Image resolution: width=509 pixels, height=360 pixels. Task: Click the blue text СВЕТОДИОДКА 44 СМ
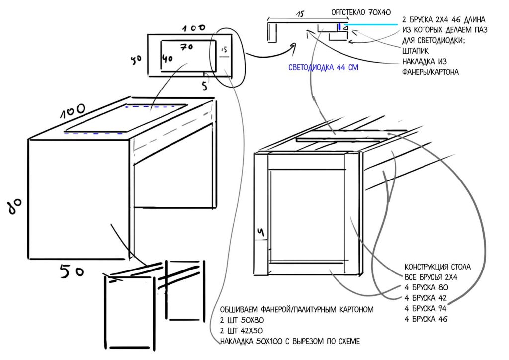pyautogui.click(x=323, y=67)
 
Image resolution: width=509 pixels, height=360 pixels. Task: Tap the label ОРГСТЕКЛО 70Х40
pyautogui.click(x=361, y=12)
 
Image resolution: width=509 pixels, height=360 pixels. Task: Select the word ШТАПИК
pyautogui.click(x=415, y=51)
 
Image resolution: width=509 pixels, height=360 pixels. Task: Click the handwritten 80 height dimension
pyautogui.click(x=15, y=206)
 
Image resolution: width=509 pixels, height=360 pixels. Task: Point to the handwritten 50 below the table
pyautogui.click(x=72, y=270)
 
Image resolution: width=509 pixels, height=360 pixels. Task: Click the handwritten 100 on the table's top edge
pyautogui.click(x=72, y=111)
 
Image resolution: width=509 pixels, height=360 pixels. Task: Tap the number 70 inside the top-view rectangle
pyautogui.click(x=187, y=47)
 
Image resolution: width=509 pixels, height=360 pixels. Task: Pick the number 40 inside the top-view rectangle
pyautogui.click(x=167, y=59)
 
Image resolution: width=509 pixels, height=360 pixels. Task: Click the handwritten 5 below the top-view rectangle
pyautogui.click(x=204, y=86)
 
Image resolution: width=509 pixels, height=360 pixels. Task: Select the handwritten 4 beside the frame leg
pyautogui.click(x=261, y=232)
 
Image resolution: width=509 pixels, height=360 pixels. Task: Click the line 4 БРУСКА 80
pyautogui.click(x=426, y=287)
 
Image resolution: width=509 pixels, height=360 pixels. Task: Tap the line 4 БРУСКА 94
pyautogui.click(x=425, y=308)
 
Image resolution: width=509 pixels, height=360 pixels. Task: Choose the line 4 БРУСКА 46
pyautogui.click(x=425, y=319)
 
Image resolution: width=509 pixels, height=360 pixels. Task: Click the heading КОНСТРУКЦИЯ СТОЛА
pyautogui.click(x=437, y=267)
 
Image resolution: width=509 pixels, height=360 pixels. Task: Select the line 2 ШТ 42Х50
pyautogui.click(x=241, y=331)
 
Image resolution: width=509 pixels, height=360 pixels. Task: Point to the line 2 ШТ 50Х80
pyautogui.click(x=242, y=320)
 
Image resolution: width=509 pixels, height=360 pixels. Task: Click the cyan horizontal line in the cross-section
pyautogui.click(x=371, y=24)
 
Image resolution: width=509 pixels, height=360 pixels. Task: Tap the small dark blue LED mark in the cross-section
pyautogui.click(x=339, y=27)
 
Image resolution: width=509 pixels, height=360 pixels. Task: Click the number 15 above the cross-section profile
pyautogui.click(x=300, y=14)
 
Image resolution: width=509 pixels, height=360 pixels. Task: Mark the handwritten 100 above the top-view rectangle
pyautogui.click(x=194, y=28)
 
